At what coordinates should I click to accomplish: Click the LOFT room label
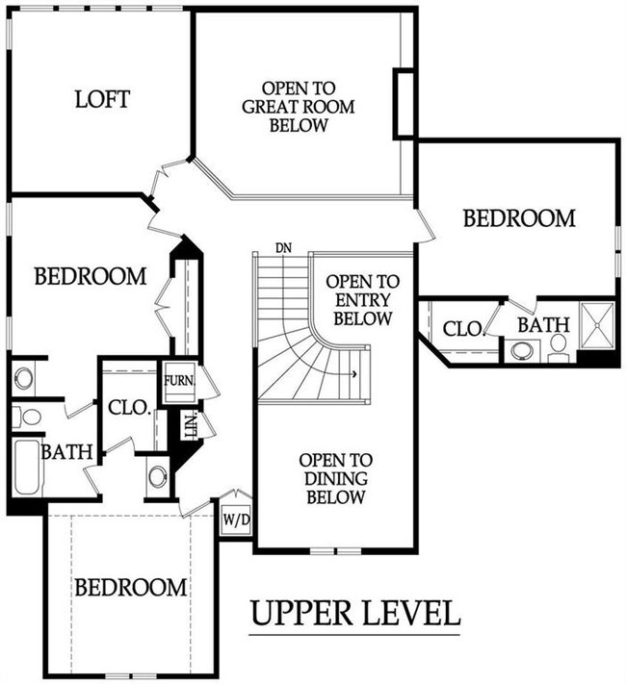[103, 99]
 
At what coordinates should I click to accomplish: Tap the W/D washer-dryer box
[236, 519]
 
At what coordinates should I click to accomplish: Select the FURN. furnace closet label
[179, 381]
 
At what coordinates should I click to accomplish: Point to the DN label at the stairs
[283, 248]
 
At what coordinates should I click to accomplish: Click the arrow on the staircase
[353, 374]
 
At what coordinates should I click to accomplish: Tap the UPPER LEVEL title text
[355, 613]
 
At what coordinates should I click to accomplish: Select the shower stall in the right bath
[597, 325]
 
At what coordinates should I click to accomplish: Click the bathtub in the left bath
[27, 468]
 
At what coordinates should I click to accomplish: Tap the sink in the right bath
[521, 351]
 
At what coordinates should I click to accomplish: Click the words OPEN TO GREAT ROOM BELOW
[298, 107]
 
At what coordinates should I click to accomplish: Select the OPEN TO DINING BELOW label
[335, 478]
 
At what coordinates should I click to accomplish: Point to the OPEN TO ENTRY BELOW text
[362, 300]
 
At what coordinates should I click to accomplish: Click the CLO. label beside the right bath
[464, 329]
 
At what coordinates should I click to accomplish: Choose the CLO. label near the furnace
[130, 408]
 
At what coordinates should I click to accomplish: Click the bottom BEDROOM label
[131, 587]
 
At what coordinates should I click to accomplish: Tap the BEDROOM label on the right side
[519, 218]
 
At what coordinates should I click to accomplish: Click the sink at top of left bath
[23, 377]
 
